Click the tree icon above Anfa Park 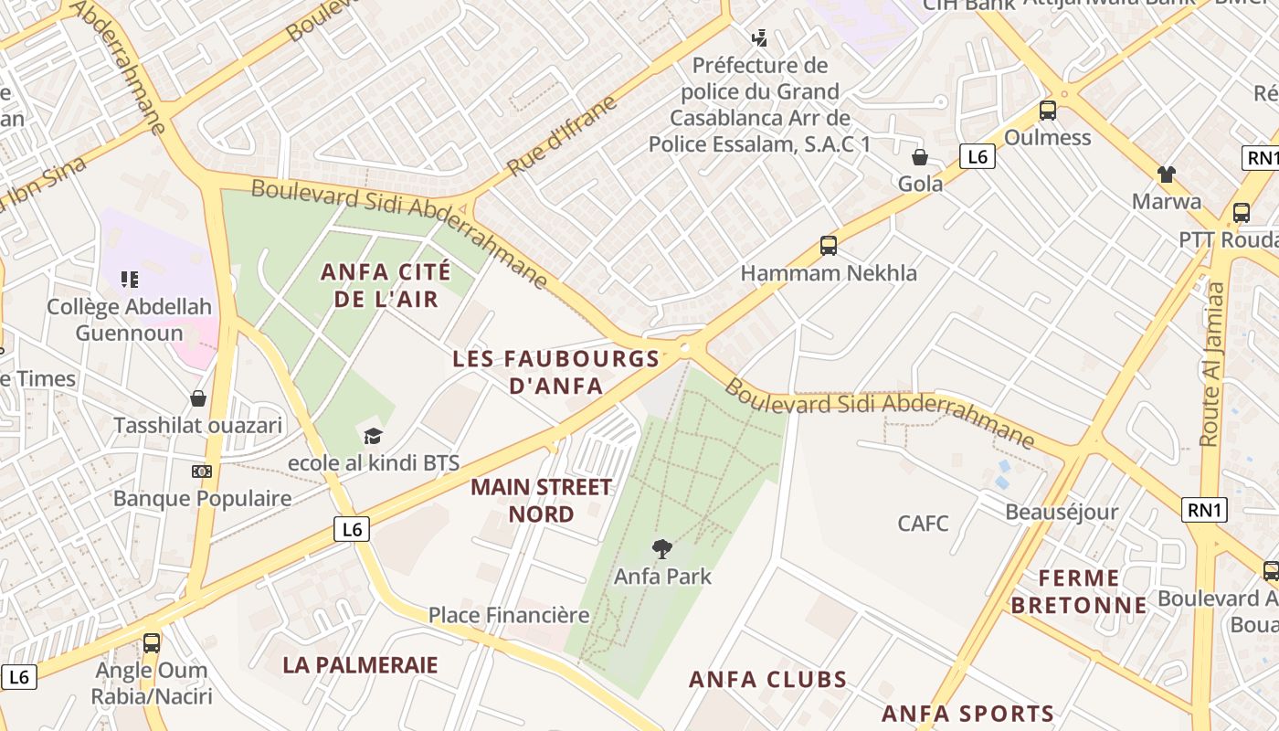click(662, 548)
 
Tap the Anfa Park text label click(662, 577)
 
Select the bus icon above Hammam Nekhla click(829, 246)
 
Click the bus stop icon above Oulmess click(1048, 111)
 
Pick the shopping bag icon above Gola click(920, 157)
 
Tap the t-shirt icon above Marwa click(1167, 174)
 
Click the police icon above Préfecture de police click(759, 38)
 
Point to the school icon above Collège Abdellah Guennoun click(130, 279)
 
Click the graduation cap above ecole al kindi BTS click(373, 436)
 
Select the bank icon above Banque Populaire click(202, 471)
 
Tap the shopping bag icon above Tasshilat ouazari click(198, 398)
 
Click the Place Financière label click(509, 615)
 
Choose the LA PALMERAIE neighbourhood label click(360, 665)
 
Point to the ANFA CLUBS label click(768, 680)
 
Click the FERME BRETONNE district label click(1079, 591)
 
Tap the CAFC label click(923, 524)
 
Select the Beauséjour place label click(1062, 512)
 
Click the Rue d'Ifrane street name click(563, 136)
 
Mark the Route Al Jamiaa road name click(1212, 364)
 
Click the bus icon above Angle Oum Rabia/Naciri click(152, 642)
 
